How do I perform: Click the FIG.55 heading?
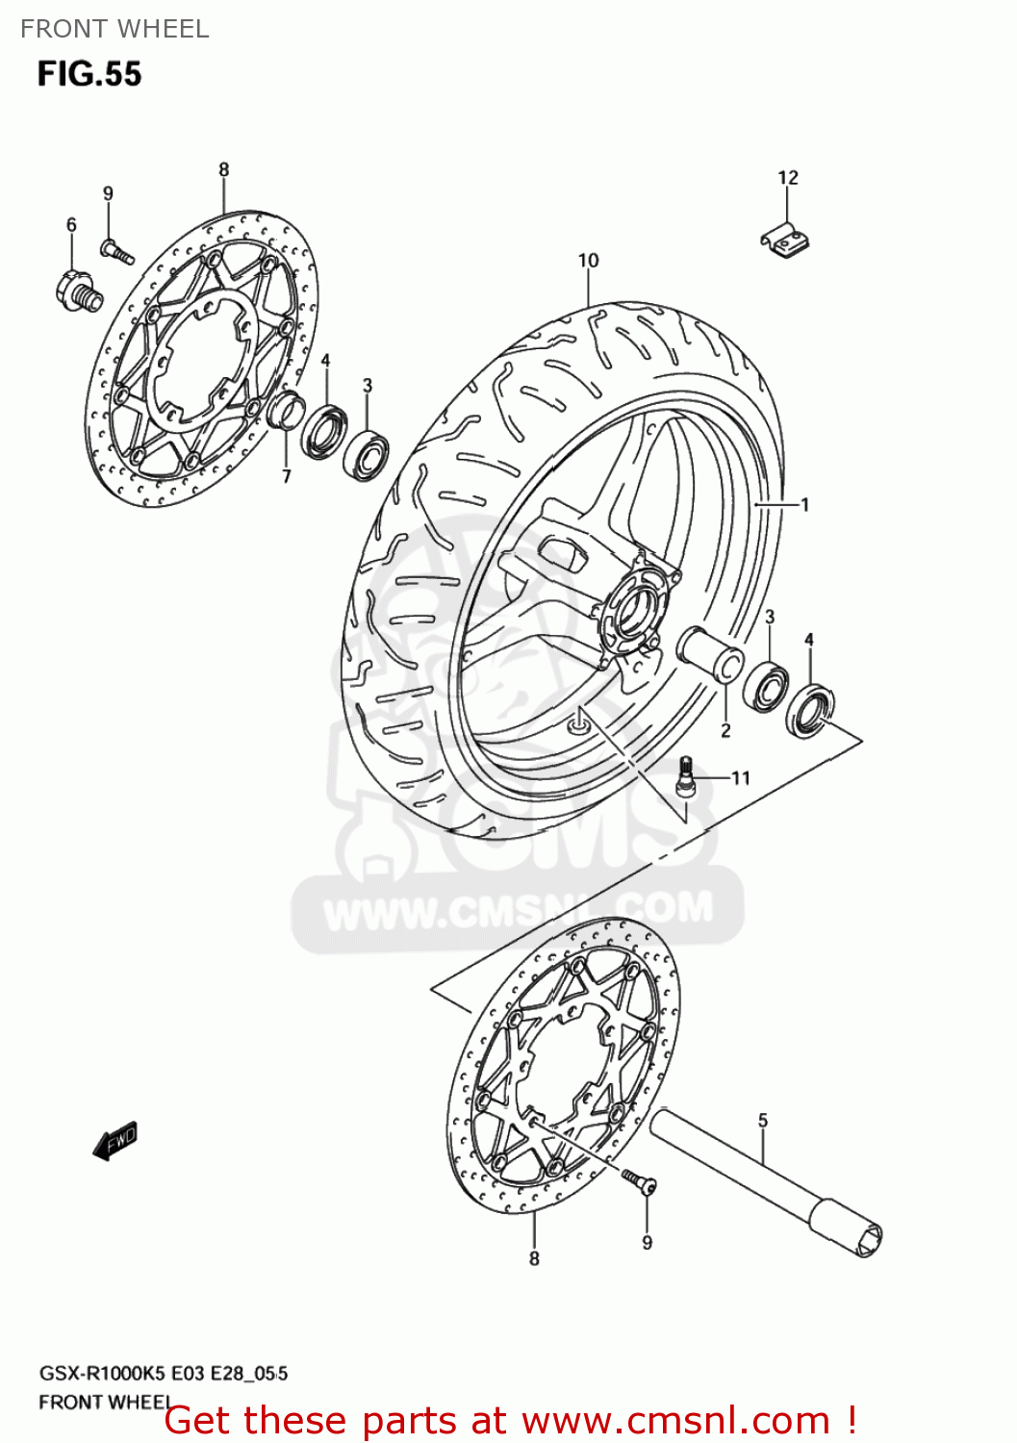pyautogui.click(x=89, y=74)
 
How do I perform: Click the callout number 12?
pyautogui.click(x=787, y=177)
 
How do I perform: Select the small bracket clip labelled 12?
pyautogui.click(x=784, y=240)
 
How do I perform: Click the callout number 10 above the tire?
pyautogui.click(x=588, y=260)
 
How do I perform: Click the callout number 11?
pyautogui.click(x=740, y=777)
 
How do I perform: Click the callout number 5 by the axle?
pyautogui.click(x=763, y=1120)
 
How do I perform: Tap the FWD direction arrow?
pyautogui.click(x=114, y=1141)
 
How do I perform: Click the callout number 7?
pyautogui.click(x=286, y=476)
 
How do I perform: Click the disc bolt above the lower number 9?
pyautogui.click(x=636, y=1179)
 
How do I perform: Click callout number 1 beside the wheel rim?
pyautogui.click(x=804, y=504)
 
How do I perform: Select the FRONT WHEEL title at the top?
pyautogui.click(x=114, y=29)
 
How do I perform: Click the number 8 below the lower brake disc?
pyautogui.click(x=534, y=1258)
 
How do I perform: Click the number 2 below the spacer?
pyautogui.click(x=725, y=730)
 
